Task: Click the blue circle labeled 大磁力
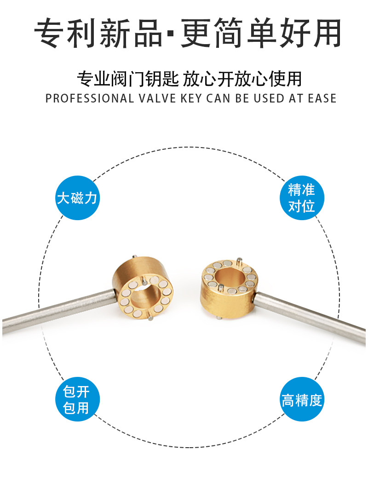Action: click(x=77, y=198)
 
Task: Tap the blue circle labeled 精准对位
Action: click(x=302, y=198)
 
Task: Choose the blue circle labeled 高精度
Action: click(x=302, y=399)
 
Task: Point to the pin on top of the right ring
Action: click(x=240, y=262)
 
